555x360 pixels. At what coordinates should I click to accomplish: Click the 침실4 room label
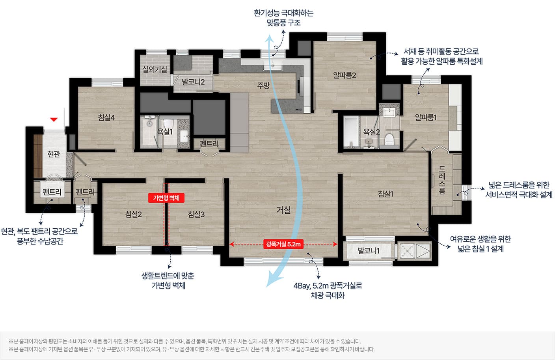point(106,117)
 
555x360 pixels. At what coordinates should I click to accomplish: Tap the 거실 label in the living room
point(283,210)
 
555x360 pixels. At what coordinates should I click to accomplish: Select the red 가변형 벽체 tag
point(166,198)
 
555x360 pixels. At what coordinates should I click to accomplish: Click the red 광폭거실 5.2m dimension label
point(283,244)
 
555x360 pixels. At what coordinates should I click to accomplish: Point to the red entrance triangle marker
point(54,119)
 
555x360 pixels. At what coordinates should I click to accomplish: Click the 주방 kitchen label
point(263,86)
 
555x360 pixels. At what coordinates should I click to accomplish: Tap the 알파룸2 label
point(345,75)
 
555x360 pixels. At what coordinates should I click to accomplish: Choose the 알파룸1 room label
point(426,117)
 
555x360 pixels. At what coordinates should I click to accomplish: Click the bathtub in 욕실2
point(351,132)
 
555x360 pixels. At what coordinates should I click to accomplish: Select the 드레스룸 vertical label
point(442,180)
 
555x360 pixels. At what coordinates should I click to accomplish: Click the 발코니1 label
point(369,251)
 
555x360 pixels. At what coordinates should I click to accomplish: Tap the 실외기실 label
point(155,69)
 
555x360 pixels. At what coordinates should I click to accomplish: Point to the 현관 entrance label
point(54,154)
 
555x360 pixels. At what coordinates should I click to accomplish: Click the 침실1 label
point(386,194)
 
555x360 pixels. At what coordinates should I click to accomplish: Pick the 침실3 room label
point(196,214)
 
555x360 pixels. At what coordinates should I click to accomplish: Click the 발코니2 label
point(193,82)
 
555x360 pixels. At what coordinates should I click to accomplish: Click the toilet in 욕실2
point(389,140)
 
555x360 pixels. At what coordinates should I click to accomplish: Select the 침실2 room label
point(133,214)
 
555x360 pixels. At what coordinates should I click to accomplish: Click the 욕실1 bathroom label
point(165,132)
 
